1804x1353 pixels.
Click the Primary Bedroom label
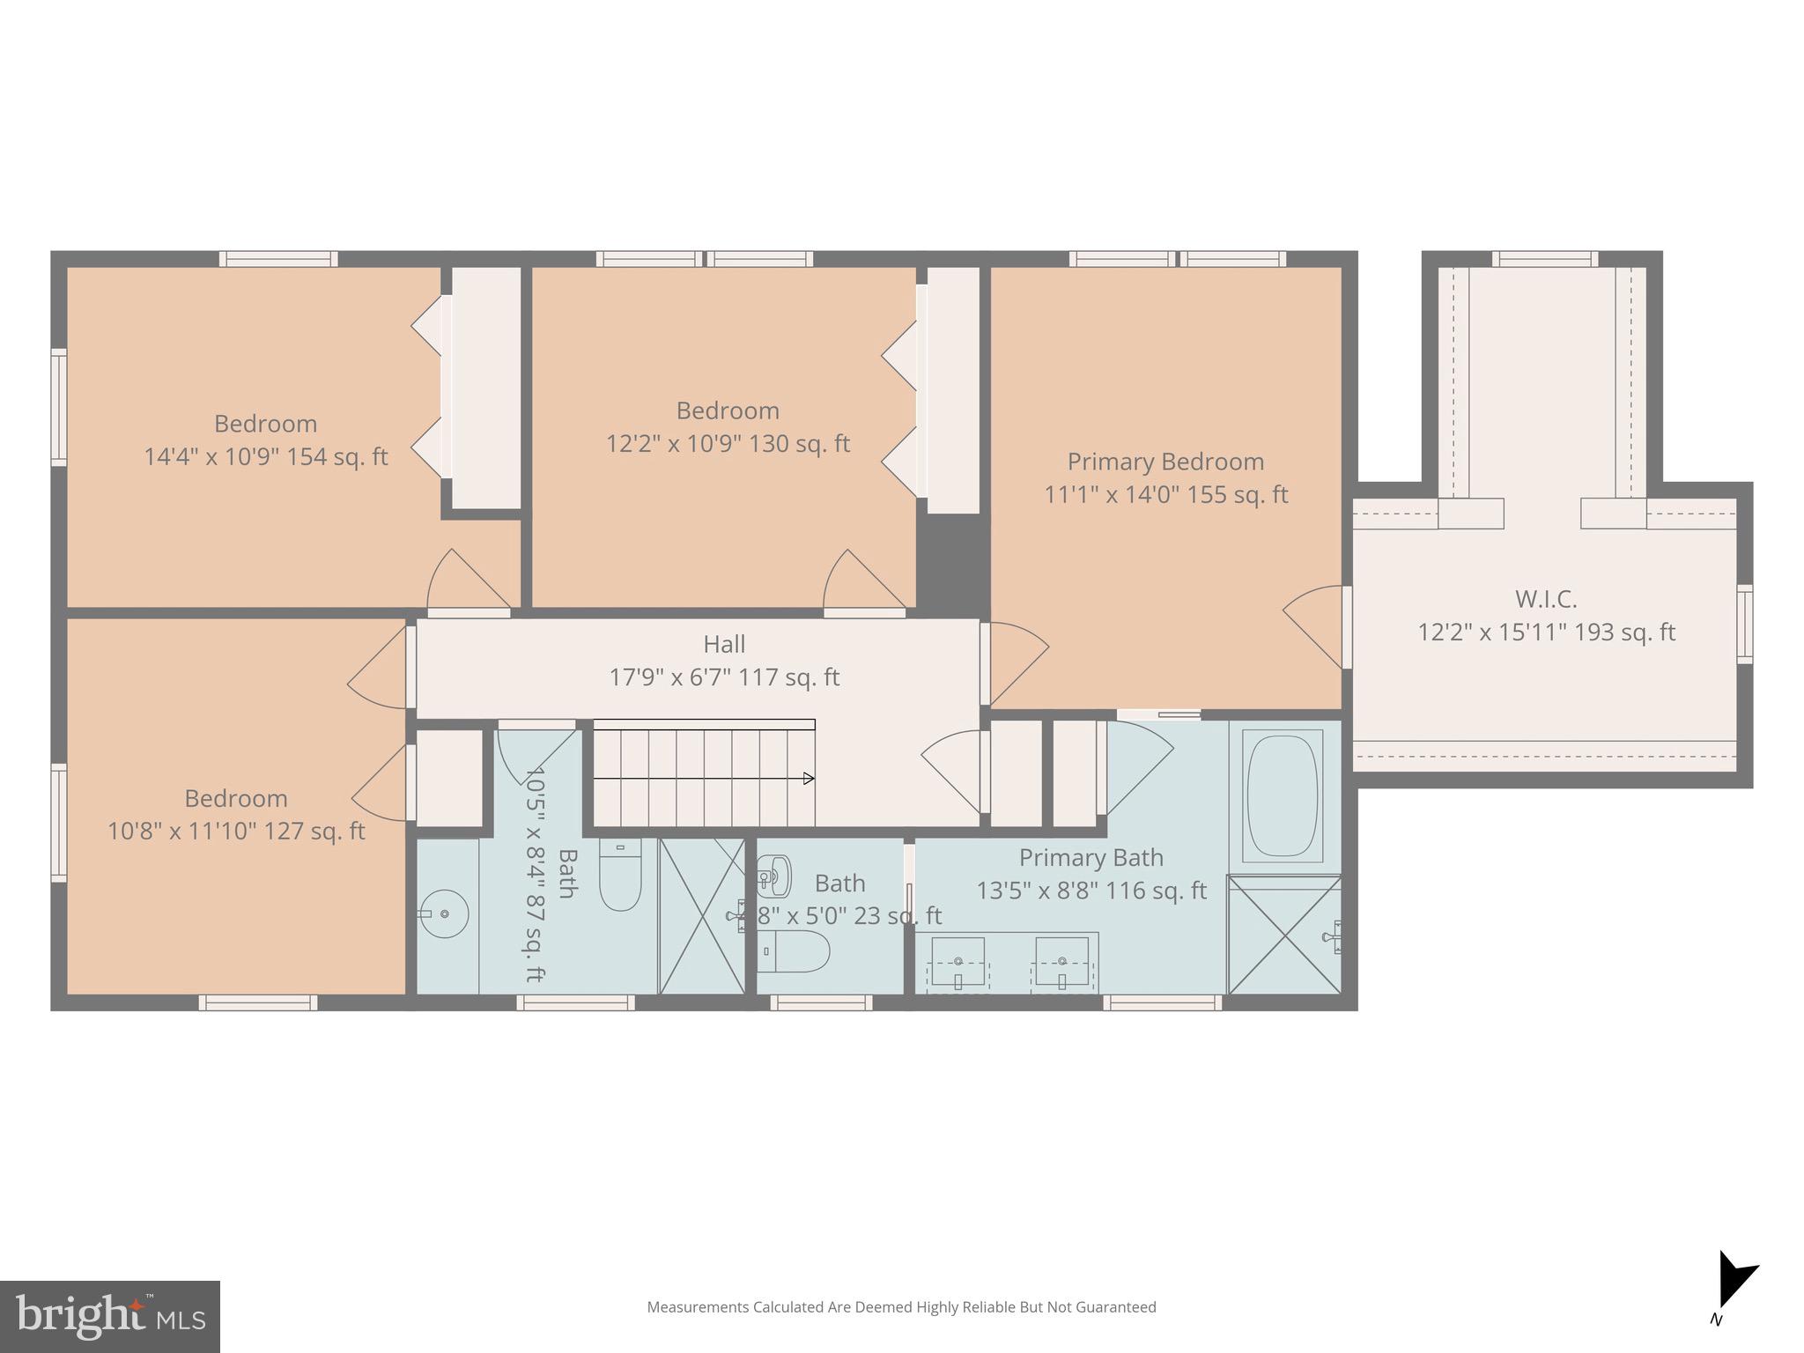[1164, 462]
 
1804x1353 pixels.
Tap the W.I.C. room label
[1545, 599]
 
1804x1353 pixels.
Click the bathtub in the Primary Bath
[1283, 795]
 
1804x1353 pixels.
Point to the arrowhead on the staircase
[809, 779]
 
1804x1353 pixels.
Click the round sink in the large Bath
[443, 913]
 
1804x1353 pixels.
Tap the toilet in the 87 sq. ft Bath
[620, 876]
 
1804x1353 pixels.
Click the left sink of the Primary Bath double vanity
[957, 962]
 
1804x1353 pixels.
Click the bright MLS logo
[110, 1317]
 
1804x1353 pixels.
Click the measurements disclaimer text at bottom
[901, 1307]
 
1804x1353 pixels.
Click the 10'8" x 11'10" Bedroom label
[236, 815]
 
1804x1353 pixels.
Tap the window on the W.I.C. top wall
[1544, 259]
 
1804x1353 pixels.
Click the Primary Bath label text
[1091, 857]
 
